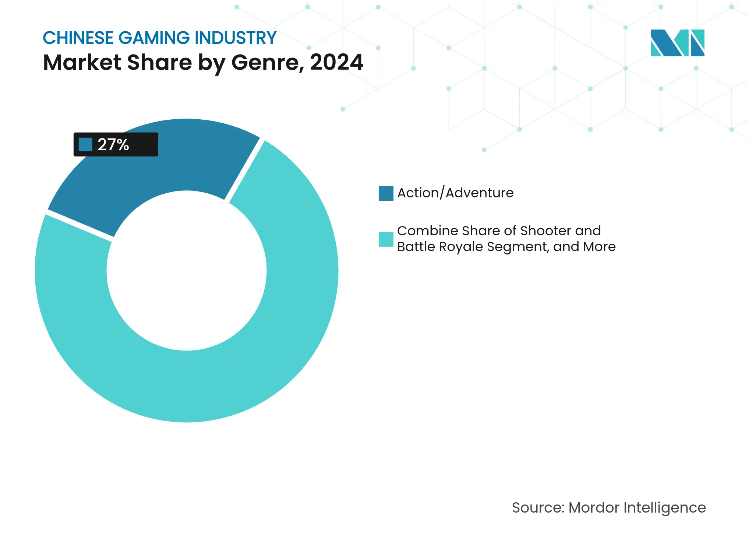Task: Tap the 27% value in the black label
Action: click(x=113, y=144)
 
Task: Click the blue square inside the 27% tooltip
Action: click(x=85, y=144)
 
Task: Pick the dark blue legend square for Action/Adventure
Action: click(x=386, y=193)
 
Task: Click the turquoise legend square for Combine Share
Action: click(x=386, y=239)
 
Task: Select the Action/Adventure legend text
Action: click(x=455, y=193)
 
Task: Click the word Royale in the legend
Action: click(x=461, y=247)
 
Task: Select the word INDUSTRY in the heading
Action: click(x=236, y=38)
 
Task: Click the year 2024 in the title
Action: click(x=336, y=62)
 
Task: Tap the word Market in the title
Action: click(x=82, y=62)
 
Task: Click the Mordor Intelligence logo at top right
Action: click(x=677, y=43)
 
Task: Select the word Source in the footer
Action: click(x=538, y=507)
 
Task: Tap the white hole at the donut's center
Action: click(x=187, y=271)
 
